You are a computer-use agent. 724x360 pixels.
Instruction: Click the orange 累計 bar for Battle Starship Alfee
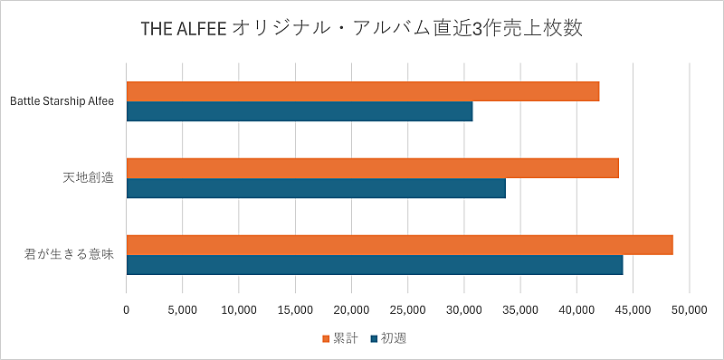(x=362, y=90)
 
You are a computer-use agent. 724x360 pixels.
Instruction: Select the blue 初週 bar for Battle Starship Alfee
(x=299, y=111)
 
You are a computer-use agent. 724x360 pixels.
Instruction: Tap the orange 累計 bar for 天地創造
(x=372, y=167)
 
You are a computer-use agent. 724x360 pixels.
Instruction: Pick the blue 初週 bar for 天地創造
(x=316, y=188)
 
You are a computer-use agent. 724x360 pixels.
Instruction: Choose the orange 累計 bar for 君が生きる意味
(x=399, y=244)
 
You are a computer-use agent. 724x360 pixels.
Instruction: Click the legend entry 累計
(x=345, y=338)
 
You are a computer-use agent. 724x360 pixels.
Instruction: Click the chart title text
(x=362, y=28)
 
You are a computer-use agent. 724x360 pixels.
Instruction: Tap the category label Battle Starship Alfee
(x=62, y=101)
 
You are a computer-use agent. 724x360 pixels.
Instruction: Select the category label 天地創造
(x=88, y=178)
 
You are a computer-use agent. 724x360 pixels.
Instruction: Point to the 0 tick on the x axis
(x=126, y=308)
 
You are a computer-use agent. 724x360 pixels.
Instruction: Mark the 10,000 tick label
(x=239, y=308)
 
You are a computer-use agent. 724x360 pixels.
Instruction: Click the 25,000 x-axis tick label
(x=407, y=308)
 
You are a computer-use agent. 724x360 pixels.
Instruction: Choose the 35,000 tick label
(x=520, y=308)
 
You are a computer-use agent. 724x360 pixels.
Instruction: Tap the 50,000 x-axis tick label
(x=689, y=308)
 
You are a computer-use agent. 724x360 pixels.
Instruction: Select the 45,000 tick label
(x=633, y=308)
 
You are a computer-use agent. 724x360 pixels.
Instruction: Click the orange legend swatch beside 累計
(x=327, y=339)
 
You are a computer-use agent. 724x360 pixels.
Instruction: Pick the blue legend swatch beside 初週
(x=374, y=339)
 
